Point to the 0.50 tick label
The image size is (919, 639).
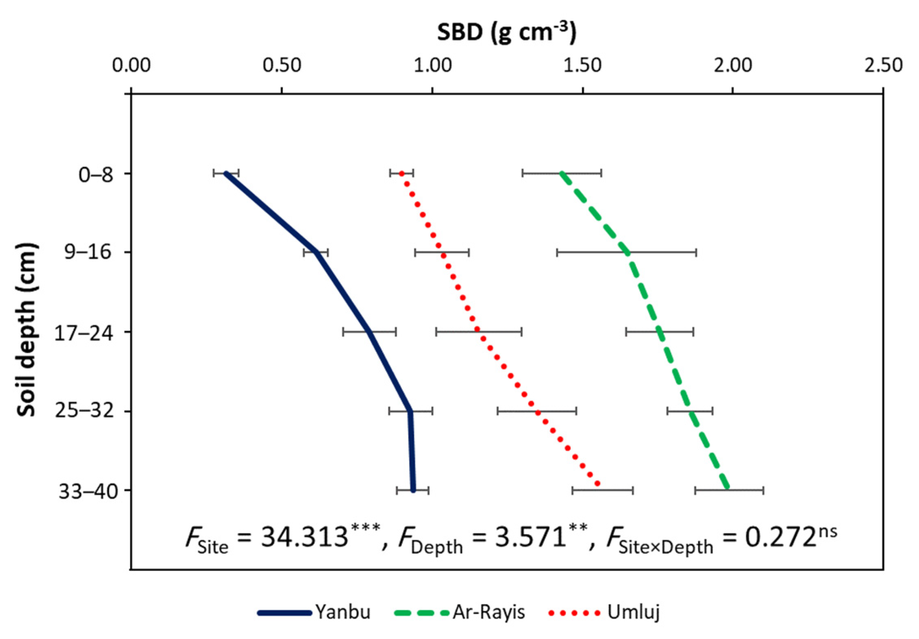click(x=282, y=66)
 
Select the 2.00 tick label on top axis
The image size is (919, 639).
click(x=733, y=66)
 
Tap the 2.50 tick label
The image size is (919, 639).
click(x=883, y=66)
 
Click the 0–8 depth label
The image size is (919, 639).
click(x=96, y=175)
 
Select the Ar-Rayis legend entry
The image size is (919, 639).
click(x=461, y=612)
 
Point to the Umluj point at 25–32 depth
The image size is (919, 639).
click(x=538, y=412)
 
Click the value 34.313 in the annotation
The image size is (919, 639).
click(x=304, y=537)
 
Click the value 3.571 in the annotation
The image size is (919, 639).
click(x=530, y=537)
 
